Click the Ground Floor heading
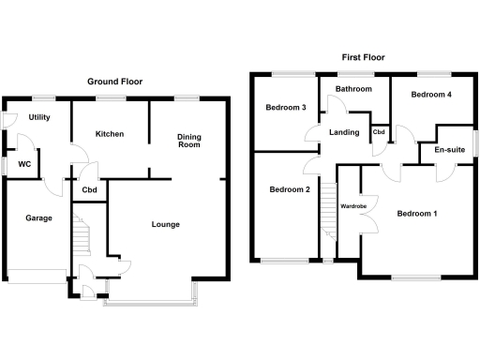114,82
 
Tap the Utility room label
39,118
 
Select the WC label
25,165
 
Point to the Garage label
38,218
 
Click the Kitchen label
110,134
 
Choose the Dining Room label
189,141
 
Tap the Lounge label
166,224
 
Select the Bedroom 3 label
287,108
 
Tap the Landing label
344,132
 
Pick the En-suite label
450,149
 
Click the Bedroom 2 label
289,190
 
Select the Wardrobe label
352,206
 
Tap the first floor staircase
328,211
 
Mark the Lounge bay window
151,300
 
